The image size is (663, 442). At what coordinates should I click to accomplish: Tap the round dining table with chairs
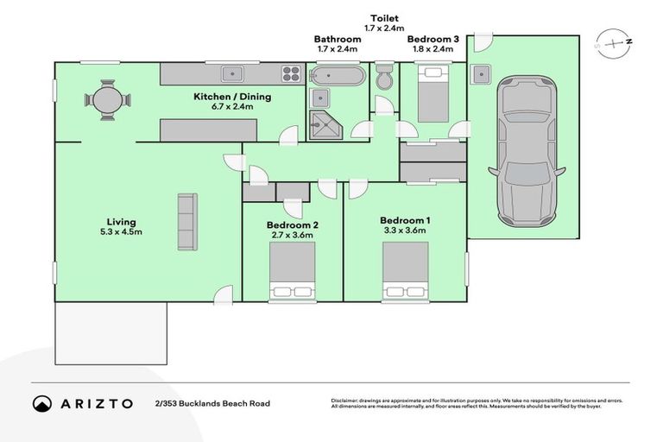pyautogui.click(x=109, y=99)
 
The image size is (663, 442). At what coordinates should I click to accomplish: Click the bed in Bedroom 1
pyautogui.click(x=406, y=271)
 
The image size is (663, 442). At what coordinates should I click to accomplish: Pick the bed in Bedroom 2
pyautogui.click(x=293, y=271)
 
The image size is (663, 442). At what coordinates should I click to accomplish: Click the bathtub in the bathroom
pyautogui.click(x=332, y=75)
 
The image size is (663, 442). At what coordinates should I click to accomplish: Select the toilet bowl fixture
pyautogui.click(x=384, y=79)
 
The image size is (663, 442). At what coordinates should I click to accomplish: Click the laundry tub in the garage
pyautogui.click(x=481, y=74)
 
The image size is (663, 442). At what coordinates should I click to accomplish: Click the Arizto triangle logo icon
pyautogui.click(x=42, y=403)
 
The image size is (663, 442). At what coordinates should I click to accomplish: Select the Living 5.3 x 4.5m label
pyautogui.click(x=119, y=226)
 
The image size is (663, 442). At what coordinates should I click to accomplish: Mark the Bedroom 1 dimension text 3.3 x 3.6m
pyautogui.click(x=405, y=230)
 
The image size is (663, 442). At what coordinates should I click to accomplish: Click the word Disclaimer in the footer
pyautogui.click(x=345, y=401)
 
